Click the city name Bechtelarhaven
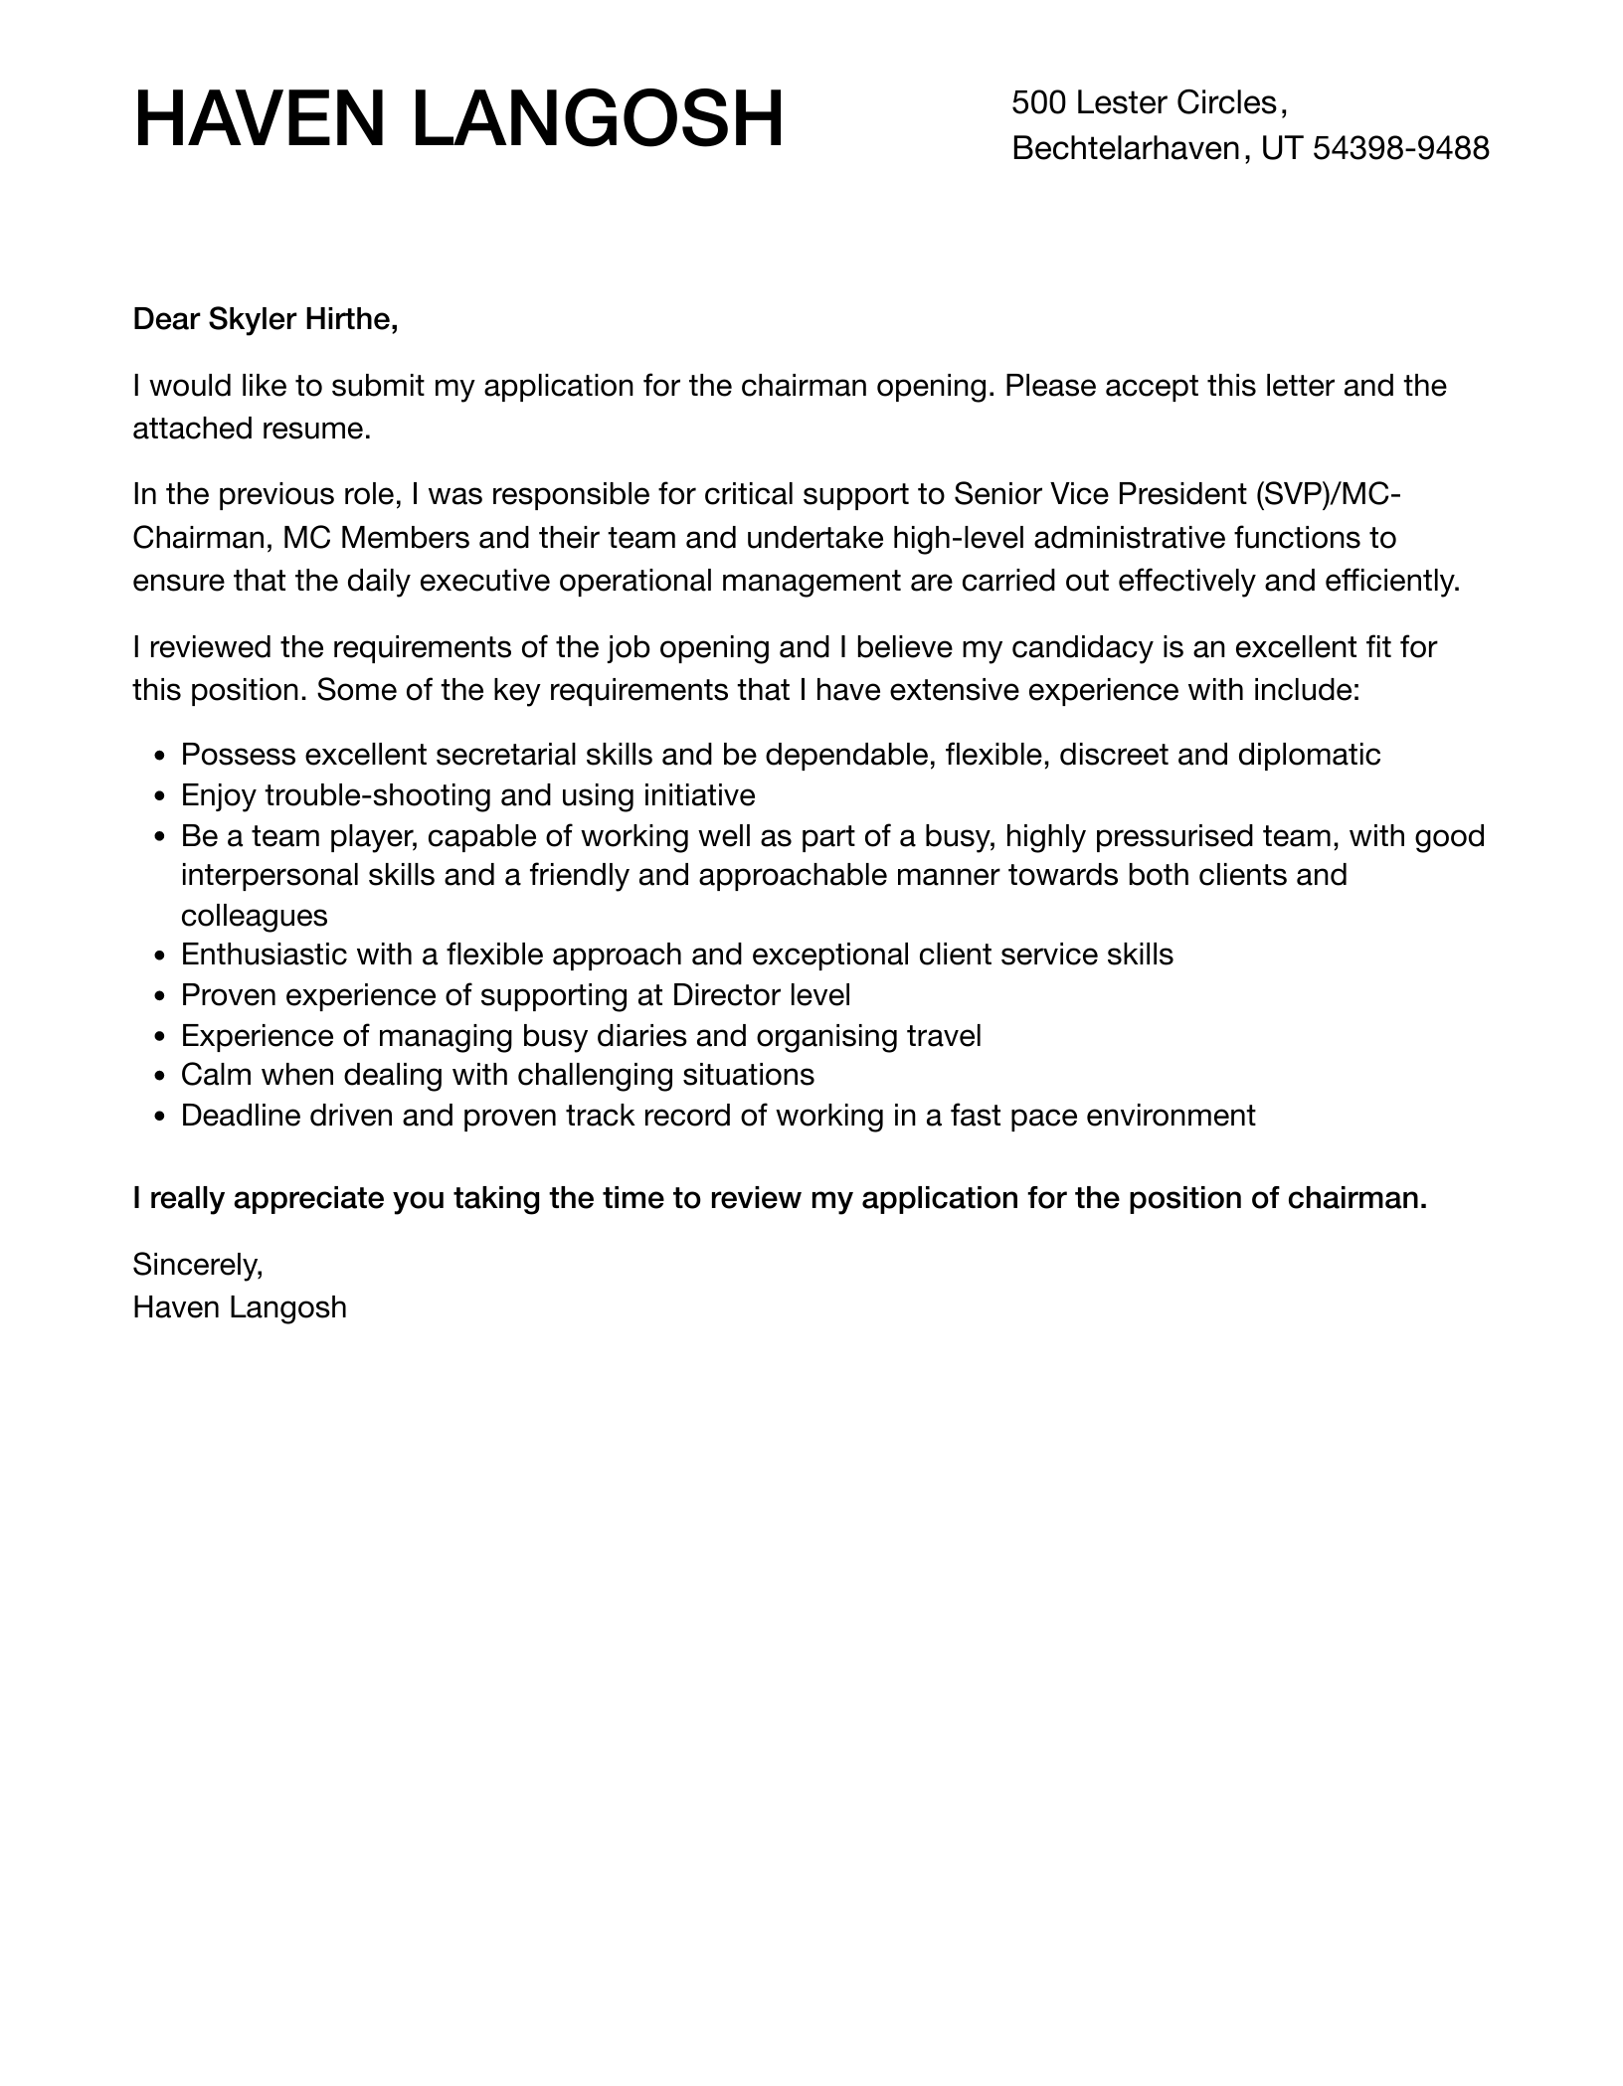(1126, 148)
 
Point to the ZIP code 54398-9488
(1401, 148)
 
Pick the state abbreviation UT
(1282, 148)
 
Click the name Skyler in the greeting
(252, 319)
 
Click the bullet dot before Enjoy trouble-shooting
(161, 796)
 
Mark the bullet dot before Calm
(161, 1076)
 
